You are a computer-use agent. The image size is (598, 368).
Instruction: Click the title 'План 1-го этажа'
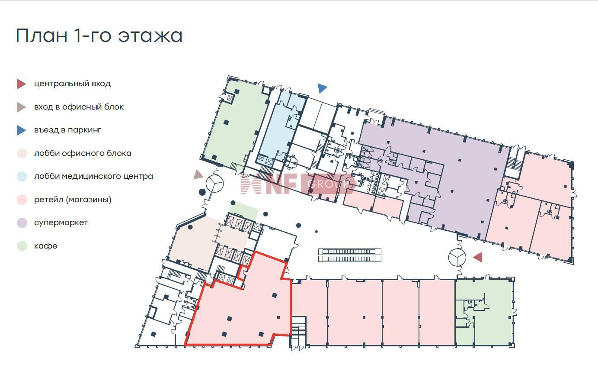(99, 35)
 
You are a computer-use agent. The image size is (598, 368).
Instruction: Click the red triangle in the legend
(21, 84)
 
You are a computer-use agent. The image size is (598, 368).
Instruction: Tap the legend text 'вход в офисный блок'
(79, 107)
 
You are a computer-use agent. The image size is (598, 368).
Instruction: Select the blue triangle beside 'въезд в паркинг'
(21, 130)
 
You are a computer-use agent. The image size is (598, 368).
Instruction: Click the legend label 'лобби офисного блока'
(83, 153)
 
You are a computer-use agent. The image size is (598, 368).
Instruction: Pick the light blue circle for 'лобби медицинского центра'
(22, 176)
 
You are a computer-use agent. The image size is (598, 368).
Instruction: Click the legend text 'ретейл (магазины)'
(73, 200)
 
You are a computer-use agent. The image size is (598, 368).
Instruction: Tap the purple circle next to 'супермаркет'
(22, 223)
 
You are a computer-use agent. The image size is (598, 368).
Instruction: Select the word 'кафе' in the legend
(46, 246)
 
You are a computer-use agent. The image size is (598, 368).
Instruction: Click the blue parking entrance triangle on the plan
(322, 88)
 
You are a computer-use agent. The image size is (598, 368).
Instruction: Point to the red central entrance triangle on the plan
(478, 257)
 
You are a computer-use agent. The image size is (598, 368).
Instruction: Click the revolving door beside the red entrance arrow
(457, 258)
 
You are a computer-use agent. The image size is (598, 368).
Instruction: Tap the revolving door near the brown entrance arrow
(214, 184)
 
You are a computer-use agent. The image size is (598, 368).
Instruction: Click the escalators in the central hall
(350, 255)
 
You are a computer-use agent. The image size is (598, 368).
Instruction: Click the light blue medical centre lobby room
(280, 128)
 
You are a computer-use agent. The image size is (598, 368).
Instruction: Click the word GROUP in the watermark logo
(328, 184)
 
